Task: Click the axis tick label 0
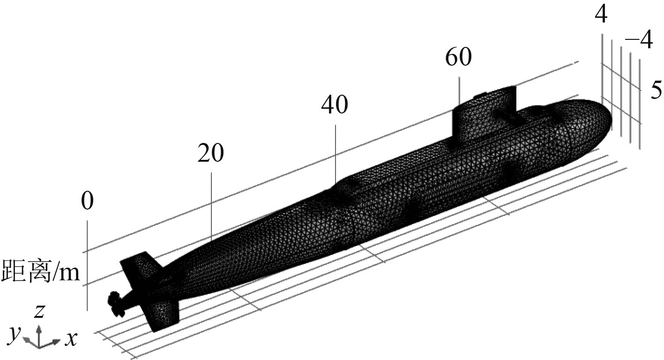[x=87, y=201]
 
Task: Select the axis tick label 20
[x=211, y=153]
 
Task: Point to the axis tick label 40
[x=335, y=105]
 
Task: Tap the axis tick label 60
[x=459, y=57]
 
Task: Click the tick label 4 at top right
[x=601, y=14]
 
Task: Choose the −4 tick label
[x=639, y=39]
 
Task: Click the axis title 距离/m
[x=41, y=271]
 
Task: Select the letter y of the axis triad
[x=15, y=334]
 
